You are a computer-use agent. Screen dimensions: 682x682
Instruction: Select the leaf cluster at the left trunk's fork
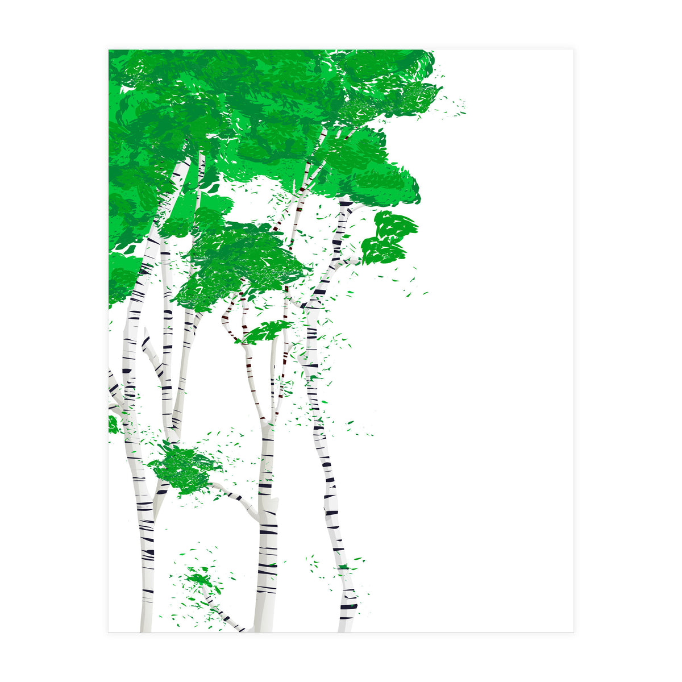[x=184, y=469]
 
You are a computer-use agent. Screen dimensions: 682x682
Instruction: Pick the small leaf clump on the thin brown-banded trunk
[x=265, y=331]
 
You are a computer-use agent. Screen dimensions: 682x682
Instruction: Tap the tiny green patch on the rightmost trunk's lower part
[x=343, y=567]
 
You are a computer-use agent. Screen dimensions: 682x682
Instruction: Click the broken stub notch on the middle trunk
[x=275, y=503]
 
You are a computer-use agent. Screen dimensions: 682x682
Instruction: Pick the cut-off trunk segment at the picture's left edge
[x=114, y=392]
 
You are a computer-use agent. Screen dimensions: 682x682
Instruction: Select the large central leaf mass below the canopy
[x=239, y=261]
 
